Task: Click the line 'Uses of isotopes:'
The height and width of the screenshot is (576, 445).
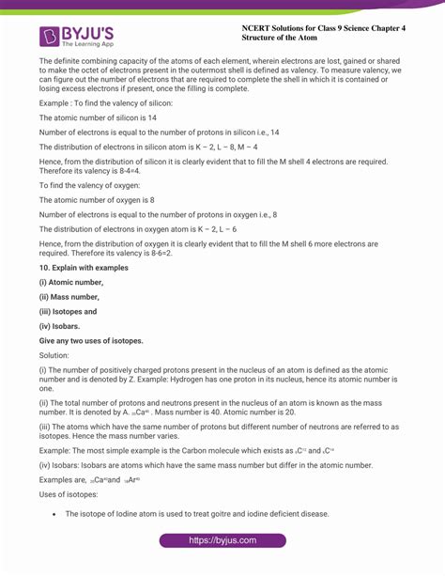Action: [x=69, y=493]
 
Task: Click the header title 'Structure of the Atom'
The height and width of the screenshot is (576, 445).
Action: [x=284, y=39]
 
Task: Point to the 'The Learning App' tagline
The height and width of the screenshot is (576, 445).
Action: [x=87, y=45]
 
